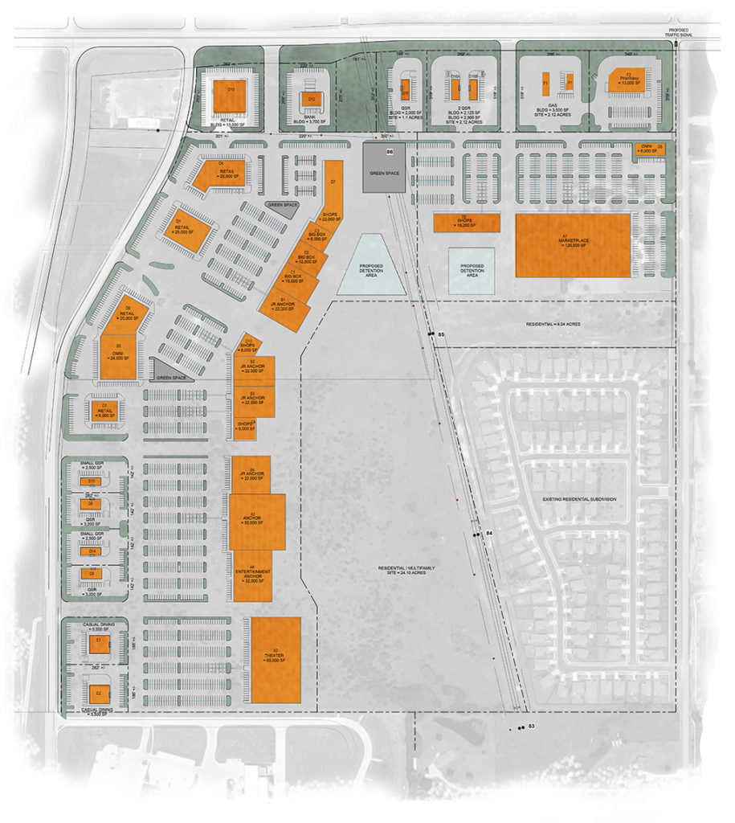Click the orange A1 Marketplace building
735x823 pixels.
click(x=572, y=245)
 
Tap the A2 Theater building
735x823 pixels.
click(x=276, y=660)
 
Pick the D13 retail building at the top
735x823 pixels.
click(x=231, y=97)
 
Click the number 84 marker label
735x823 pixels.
click(x=489, y=534)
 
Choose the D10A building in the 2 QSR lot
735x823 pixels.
click(x=455, y=86)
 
